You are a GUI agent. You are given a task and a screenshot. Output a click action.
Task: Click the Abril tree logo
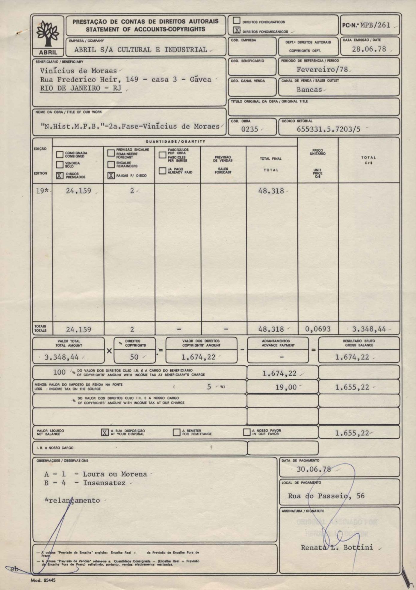click(48, 33)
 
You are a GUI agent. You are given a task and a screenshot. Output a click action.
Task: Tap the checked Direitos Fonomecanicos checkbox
click(237, 30)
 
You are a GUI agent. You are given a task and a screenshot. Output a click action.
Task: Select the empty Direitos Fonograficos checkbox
click(237, 21)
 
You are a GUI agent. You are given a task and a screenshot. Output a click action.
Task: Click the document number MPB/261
click(375, 25)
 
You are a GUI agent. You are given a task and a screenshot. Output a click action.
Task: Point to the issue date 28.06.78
click(369, 49)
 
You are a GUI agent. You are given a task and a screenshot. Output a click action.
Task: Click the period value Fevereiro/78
click(322, 70)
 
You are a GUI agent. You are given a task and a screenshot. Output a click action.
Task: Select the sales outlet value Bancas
click(309, 90)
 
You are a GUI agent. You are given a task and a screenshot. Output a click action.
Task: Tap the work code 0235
click(249, 129)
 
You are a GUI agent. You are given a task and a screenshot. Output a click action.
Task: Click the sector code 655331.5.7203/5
click(328, 129)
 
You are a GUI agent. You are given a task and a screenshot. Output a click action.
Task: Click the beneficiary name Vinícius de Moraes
click(78, 71)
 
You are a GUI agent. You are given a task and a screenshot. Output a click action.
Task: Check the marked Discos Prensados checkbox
click(60, 176)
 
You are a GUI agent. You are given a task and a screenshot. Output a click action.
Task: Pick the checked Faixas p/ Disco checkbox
click(111, 176)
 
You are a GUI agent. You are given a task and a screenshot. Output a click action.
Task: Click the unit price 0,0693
click(317, 329)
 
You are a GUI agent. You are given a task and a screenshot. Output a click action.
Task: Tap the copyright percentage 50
click(134, 357)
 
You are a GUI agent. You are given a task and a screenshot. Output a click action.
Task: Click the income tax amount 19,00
click(286, 387)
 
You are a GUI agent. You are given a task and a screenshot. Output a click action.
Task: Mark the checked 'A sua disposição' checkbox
click(105, 432)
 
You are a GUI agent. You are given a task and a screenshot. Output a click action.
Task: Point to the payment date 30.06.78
click(314, 469)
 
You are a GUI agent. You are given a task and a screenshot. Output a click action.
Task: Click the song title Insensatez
click(104, 483)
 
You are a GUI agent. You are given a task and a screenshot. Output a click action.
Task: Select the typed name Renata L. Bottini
click(337, 547)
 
